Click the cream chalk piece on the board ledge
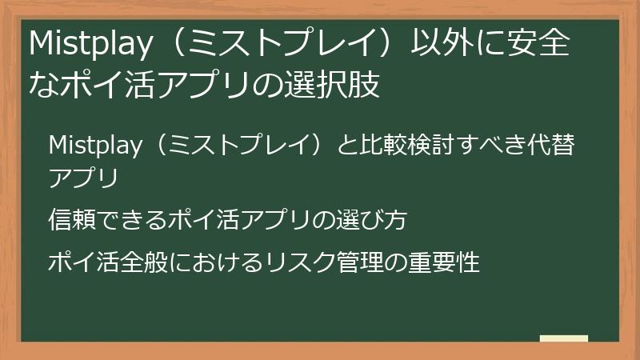(x=564, y=338)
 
